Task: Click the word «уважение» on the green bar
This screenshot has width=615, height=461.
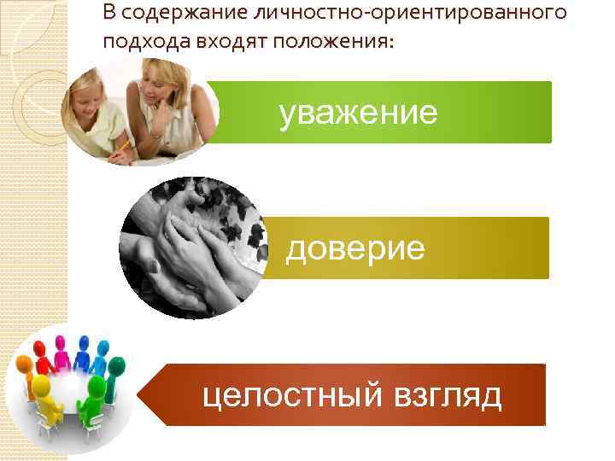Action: [359, 113]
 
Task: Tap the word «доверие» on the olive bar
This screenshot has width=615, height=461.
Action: [354, 248]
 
